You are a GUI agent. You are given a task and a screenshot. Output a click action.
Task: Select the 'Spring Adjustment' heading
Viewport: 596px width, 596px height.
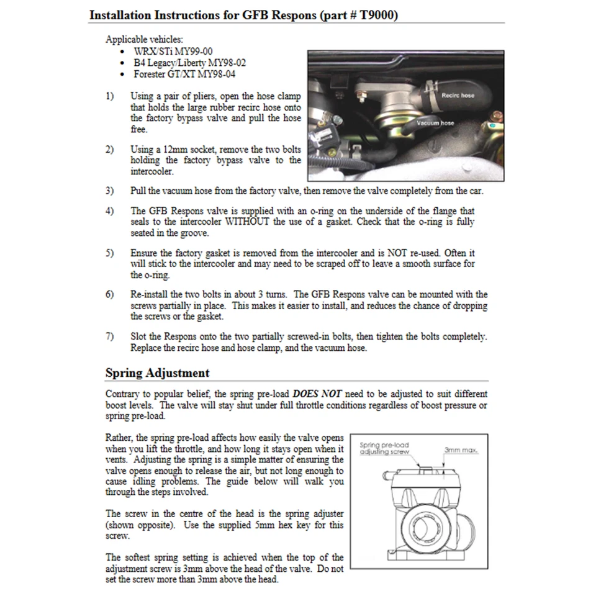157,373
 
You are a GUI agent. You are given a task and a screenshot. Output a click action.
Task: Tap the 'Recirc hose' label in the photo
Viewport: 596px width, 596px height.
458,96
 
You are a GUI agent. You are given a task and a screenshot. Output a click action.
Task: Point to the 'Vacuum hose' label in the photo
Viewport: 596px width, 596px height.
435,123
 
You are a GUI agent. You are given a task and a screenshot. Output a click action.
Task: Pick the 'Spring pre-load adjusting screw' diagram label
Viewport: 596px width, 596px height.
385,448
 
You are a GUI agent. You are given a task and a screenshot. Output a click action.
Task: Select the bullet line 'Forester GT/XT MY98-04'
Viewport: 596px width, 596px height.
184,74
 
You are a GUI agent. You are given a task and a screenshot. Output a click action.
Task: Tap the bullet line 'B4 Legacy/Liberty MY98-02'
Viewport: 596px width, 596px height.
189,63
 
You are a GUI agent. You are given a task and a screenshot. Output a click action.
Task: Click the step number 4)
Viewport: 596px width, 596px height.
110,211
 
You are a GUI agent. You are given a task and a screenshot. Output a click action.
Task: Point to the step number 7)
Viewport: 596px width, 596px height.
110,336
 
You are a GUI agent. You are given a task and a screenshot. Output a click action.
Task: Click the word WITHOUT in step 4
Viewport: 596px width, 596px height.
247,222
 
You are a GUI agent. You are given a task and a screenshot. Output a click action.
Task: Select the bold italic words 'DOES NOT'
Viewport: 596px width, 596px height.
317,394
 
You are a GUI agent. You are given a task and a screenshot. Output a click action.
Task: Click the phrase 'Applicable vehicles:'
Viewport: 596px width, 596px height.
144,39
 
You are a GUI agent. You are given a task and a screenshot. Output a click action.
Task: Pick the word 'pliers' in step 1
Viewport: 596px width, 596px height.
212,96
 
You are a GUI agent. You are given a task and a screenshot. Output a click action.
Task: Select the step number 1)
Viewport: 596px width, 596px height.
110,96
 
